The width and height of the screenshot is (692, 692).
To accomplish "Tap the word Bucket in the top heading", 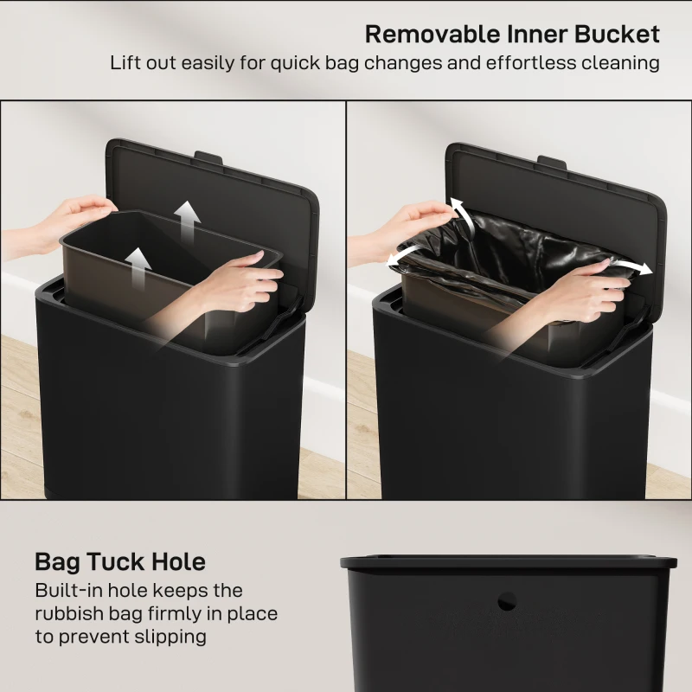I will (617, 34).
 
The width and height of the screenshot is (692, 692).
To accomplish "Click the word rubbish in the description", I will (70, 614).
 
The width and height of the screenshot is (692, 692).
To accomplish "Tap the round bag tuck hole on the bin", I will (507, 599).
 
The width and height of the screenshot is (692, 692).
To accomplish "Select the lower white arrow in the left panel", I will (136, 263).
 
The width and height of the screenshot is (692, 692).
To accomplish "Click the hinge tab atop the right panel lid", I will (552, 161).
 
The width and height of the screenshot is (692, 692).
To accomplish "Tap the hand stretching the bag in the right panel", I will (588, 285).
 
